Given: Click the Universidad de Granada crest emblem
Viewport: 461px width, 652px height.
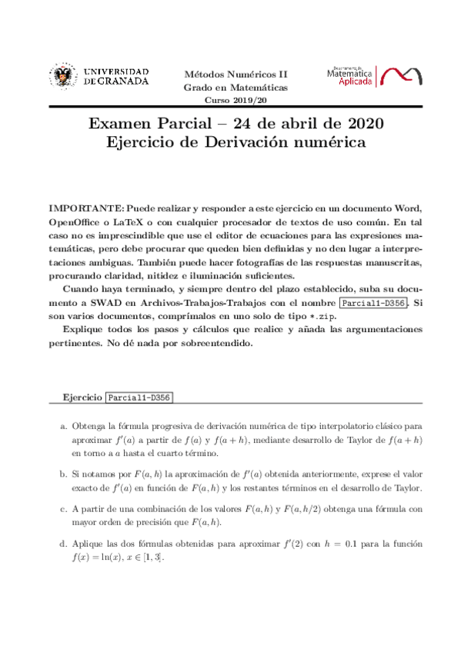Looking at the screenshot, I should [62, 76].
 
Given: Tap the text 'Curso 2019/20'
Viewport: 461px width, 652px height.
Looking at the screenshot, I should [235, 101].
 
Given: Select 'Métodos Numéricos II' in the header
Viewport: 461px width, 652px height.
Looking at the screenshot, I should [235, 75].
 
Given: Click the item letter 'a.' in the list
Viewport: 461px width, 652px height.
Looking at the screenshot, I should [63, 425].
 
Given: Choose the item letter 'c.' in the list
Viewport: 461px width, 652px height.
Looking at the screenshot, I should [63, 508].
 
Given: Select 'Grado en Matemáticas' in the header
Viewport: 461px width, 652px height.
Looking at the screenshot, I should [235, 88].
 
